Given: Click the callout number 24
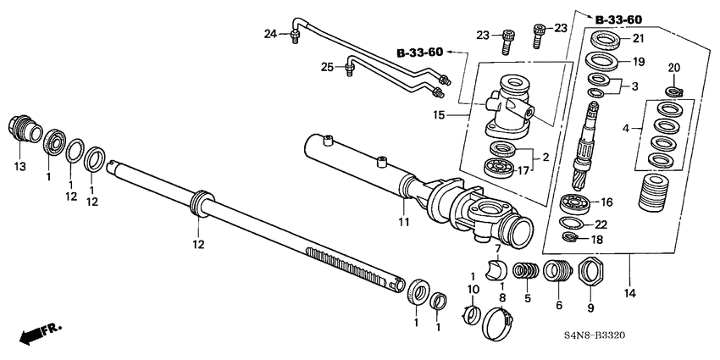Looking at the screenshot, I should click(x=270, y=34).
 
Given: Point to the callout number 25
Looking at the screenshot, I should click(x=325, y=66).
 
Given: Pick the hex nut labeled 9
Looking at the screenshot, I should click(x=586, y=274).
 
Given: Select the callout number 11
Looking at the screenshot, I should click(x=404, y=222).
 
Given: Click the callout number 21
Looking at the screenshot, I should click(x=637, y=39).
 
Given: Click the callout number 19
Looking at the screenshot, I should click(x=637, y=62).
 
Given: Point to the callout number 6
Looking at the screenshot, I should click(x=558, y=305).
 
